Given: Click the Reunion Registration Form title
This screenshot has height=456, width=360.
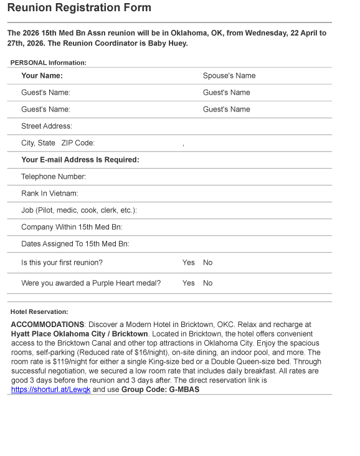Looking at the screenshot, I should point(79,8).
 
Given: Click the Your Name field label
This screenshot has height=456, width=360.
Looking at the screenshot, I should point(42,76).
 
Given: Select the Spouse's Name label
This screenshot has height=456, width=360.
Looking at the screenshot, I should point(229,76).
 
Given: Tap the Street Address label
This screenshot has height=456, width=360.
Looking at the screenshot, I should point(46,126).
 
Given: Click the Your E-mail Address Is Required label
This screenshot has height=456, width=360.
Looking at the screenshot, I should point(80,159).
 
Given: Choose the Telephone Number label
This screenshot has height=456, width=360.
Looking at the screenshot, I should point(53,176).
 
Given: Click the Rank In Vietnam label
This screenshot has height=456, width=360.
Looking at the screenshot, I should point(49,193).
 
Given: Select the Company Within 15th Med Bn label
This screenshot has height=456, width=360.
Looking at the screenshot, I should point(72,227).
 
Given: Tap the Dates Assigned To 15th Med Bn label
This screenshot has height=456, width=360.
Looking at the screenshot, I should point(75,244).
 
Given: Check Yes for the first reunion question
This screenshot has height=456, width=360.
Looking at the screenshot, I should point(188,263).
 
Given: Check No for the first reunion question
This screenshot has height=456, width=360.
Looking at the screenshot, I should point(207,263).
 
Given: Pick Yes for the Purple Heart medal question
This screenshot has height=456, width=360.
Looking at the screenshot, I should point(188,283).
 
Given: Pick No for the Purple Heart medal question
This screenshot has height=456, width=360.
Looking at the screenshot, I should point(207,283).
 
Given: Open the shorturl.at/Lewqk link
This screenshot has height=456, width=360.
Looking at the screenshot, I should point(50,389).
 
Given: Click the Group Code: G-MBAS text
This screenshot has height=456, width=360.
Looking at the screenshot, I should point(160,389).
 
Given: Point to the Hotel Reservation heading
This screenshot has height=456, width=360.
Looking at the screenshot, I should point(39,311).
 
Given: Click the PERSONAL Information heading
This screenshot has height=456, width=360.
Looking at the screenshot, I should point(48,62).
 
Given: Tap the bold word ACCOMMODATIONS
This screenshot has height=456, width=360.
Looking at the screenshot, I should point(47,325).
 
